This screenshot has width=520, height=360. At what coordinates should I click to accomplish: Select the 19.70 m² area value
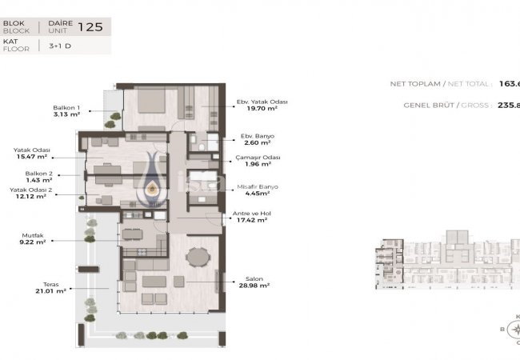pyautogui.click(x=250, y=110)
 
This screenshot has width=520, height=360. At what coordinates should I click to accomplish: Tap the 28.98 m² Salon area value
pyautogui.click(x=254, y=286)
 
